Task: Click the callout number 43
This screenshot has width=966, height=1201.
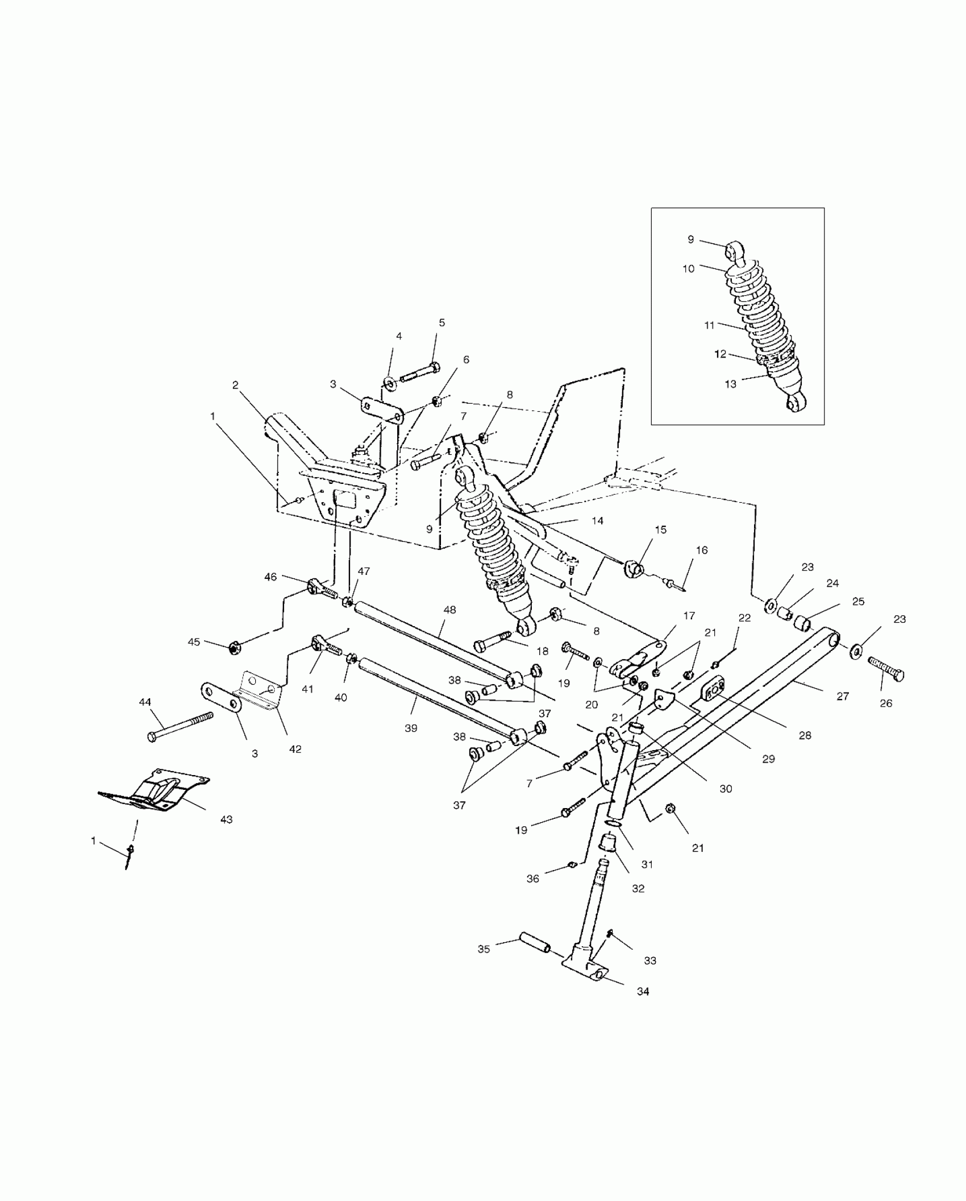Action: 226,819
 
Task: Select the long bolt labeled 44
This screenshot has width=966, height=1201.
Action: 180,725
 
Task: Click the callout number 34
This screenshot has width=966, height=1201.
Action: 643,991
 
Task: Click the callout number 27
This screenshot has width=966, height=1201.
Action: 842,695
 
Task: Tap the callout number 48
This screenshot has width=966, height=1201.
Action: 449,610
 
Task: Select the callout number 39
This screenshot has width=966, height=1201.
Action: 410,728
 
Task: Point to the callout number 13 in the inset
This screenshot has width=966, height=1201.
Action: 730,384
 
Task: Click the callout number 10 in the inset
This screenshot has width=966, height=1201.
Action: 688,268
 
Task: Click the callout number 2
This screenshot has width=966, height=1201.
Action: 235,385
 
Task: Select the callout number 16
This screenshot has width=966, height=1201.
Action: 702,550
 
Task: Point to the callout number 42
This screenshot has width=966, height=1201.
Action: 295,749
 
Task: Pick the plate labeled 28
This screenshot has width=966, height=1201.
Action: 714,688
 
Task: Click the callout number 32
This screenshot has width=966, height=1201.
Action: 638,888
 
